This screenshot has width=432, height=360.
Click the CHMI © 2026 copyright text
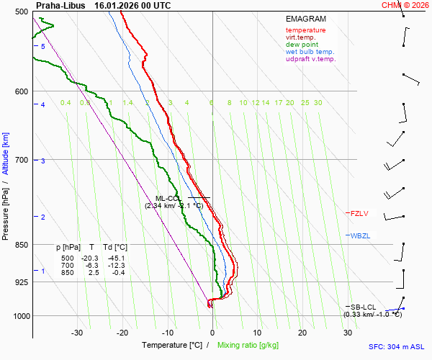tap(406, 5)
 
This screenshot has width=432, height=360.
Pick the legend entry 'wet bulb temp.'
tap(310, 52)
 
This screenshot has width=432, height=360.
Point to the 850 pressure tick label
tap(19, 245)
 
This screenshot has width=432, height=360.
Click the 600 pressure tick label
tap(19, 91)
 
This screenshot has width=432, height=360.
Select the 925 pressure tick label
tap(19, 282)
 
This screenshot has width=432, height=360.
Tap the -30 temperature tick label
tap(77, 333)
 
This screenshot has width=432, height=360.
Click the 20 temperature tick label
tap(302, 333)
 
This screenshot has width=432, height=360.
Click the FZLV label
tap(359, 213)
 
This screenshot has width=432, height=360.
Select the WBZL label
tap(359, 235)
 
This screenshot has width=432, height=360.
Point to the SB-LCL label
tap(363, 307)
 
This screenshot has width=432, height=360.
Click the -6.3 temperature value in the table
tap(91, 266)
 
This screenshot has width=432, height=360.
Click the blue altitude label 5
tap(43, 46)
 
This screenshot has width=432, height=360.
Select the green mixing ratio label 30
tap(318, 103)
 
